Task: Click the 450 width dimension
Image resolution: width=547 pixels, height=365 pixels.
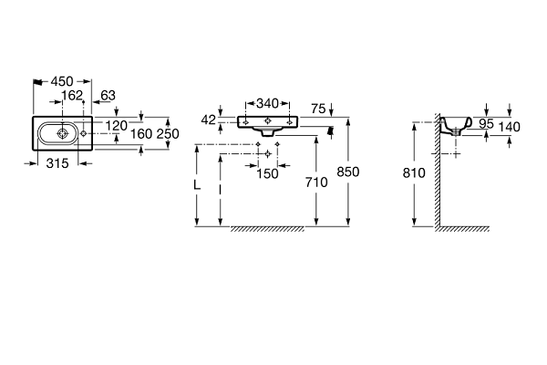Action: pos(62,81)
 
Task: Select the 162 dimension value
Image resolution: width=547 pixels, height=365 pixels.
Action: pos(72,95)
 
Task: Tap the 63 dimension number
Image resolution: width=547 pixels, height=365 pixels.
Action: pos(108,95)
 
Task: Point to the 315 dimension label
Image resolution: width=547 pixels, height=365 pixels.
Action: pos(57,163)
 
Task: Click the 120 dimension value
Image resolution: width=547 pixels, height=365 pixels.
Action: pos(117,125)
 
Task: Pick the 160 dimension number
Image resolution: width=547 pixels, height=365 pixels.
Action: pos(141,134)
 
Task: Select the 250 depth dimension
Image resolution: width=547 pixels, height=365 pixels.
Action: pos(168,134)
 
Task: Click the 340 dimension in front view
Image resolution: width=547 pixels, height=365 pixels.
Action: pos(267,104)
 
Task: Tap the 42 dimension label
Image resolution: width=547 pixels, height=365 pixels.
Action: pos(208,120)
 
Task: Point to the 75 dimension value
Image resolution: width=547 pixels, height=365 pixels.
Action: pos(318,109)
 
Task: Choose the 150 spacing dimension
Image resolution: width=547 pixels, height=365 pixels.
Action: pos(267,173)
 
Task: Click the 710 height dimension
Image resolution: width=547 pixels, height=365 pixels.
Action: pos(316,182)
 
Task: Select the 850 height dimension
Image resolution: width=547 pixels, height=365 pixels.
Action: pos(348,172)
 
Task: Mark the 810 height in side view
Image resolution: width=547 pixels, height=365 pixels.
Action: pos(414,172)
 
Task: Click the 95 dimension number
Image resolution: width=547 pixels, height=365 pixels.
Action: pos(486,124)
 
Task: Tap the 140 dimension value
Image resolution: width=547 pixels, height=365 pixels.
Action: pos(509,127)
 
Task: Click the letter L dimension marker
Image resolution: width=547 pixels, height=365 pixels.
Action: pos(197,185)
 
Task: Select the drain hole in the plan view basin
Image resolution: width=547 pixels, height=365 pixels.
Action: pos(62,133)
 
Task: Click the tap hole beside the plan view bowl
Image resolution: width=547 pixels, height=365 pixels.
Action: pos(83,133)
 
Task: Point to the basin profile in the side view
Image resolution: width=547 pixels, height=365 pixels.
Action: pos(456,127)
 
